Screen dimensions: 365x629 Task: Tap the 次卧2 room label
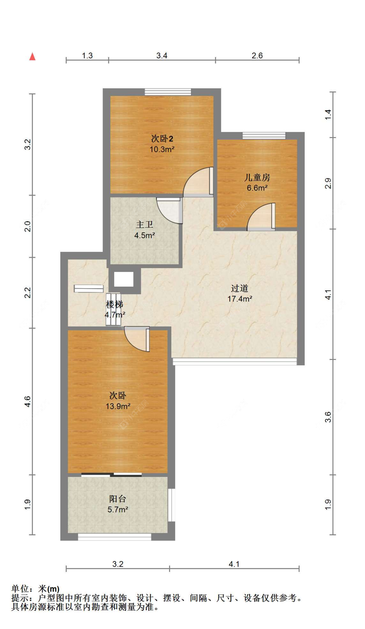coord(162,139)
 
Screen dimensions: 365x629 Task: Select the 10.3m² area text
coord(162,149)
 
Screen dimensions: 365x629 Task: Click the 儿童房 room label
coord(257,177)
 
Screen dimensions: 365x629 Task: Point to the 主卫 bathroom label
coord(144,224)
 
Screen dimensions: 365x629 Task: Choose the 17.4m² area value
coord(240,299)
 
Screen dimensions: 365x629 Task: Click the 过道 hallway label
coord(240,288)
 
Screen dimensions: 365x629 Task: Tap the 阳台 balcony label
coord(117,499)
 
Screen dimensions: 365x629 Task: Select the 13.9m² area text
coord(118,406)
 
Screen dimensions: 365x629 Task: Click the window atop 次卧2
coord(168,92)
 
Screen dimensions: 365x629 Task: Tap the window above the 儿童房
coord(264,136)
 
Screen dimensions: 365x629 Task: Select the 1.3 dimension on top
coord(87,55)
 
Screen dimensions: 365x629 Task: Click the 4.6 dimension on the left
coord(28,401)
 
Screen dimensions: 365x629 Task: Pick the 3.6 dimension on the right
coord(328,417)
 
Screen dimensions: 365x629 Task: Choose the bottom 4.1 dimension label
coord(234,564)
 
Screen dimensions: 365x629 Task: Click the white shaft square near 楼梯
coord(124,279)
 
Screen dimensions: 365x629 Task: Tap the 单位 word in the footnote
coord(20,588)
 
